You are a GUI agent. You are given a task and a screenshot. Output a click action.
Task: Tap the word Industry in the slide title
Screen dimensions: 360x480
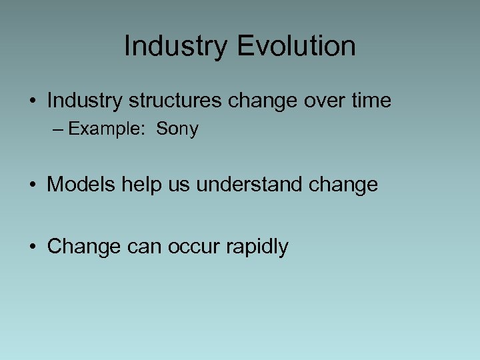(x=175, y=47)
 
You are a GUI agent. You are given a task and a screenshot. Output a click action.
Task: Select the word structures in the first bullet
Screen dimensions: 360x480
(x=175, y=101)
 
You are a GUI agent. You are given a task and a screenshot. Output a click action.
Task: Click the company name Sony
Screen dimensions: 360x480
(x=177, y=129)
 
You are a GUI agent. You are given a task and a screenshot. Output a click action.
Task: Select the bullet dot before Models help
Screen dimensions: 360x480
(x=32, y=185)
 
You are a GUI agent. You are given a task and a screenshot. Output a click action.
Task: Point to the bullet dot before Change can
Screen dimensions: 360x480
(x=32, y=247)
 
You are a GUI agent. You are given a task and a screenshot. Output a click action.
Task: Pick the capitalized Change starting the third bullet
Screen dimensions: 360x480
(x=83, y=247)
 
